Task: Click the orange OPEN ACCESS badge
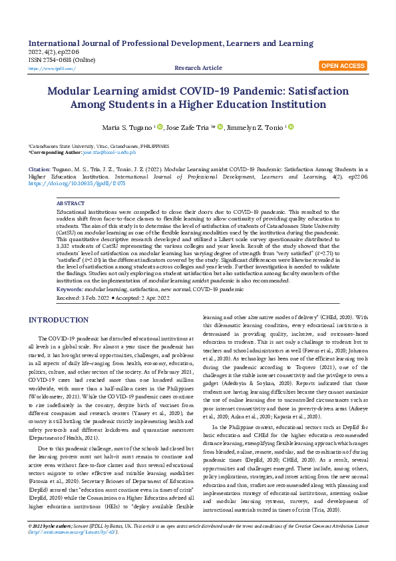343,66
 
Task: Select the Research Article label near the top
198,68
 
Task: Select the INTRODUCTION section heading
63,320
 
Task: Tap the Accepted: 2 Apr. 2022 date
144,297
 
